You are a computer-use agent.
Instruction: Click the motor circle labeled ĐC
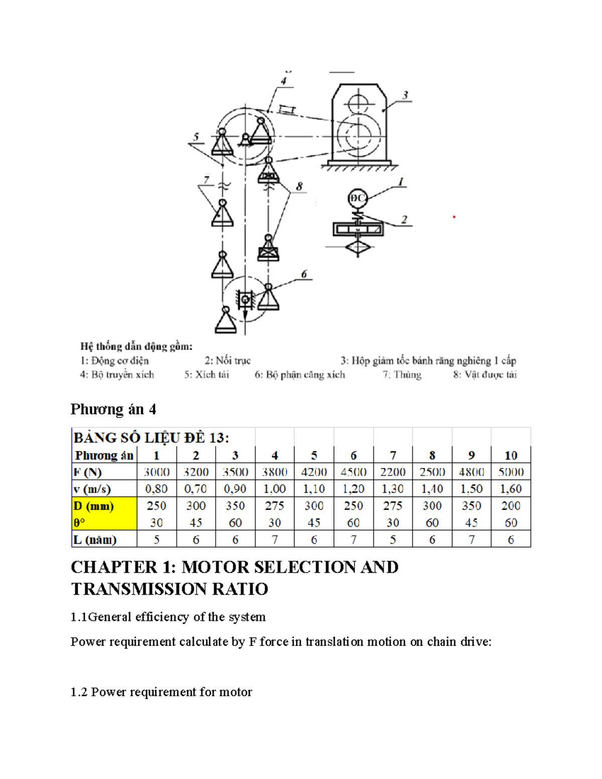(x=358, y=198)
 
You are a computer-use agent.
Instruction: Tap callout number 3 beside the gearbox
(x=405, y=95)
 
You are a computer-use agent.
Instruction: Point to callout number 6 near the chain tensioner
(x=304, y=274)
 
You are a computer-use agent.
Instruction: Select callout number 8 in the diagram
(x=299, y=187)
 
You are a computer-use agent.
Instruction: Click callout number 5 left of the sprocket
(x=196, y=136)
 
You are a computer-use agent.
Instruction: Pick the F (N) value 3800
(x=274, y=472)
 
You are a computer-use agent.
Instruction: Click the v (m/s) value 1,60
(x=511, y=489)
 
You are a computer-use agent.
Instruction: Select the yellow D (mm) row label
(x=94, y=506)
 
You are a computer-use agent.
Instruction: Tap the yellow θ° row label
(x=80, y=523)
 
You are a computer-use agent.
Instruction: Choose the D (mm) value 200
(x=511, y=506)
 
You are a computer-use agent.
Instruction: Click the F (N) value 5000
(x=511, y=472)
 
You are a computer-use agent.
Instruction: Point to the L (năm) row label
(x=95, y=540)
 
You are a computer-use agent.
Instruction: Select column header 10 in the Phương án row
(x=511, y=455)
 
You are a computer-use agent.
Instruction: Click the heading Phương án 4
(x=113, y=409)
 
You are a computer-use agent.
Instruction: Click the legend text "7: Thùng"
(x=402, y=375)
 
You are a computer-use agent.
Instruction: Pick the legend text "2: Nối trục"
(x=227, y=361)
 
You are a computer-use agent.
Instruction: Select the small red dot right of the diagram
(x=454, y=217)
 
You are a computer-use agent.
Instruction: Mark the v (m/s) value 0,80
(x=157, y=489)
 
